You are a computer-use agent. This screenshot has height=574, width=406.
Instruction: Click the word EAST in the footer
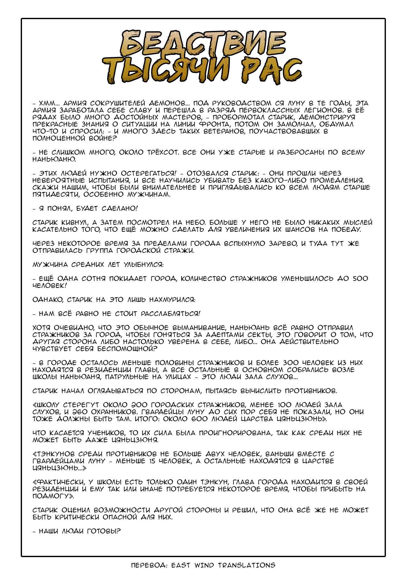click(181, 565)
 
